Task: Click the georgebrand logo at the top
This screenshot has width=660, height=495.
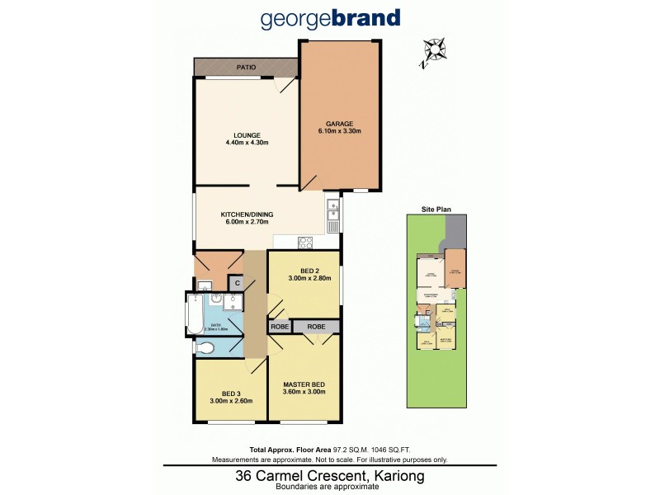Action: pos(330,18)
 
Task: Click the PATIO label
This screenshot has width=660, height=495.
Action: pos(245,67)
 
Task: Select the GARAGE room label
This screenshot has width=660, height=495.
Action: pos(340,123)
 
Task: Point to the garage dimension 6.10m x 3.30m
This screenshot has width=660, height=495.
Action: pos(340,131)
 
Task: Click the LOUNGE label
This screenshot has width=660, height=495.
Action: pos(247,135)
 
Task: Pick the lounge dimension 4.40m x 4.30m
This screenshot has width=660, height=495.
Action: pos(247,144)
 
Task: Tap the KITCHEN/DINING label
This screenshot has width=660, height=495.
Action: pos(247,214)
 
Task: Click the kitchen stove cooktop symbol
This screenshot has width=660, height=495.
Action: pos(304,243)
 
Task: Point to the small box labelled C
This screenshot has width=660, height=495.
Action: pos(236,284)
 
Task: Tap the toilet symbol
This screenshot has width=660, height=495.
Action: pos(204,349)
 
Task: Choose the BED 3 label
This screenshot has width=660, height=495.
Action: pos(230,394)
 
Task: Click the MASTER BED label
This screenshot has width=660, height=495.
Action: pos(304,384)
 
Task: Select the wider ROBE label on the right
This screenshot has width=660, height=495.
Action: pos(316,328)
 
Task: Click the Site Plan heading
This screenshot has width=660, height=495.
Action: pos(436,210)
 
